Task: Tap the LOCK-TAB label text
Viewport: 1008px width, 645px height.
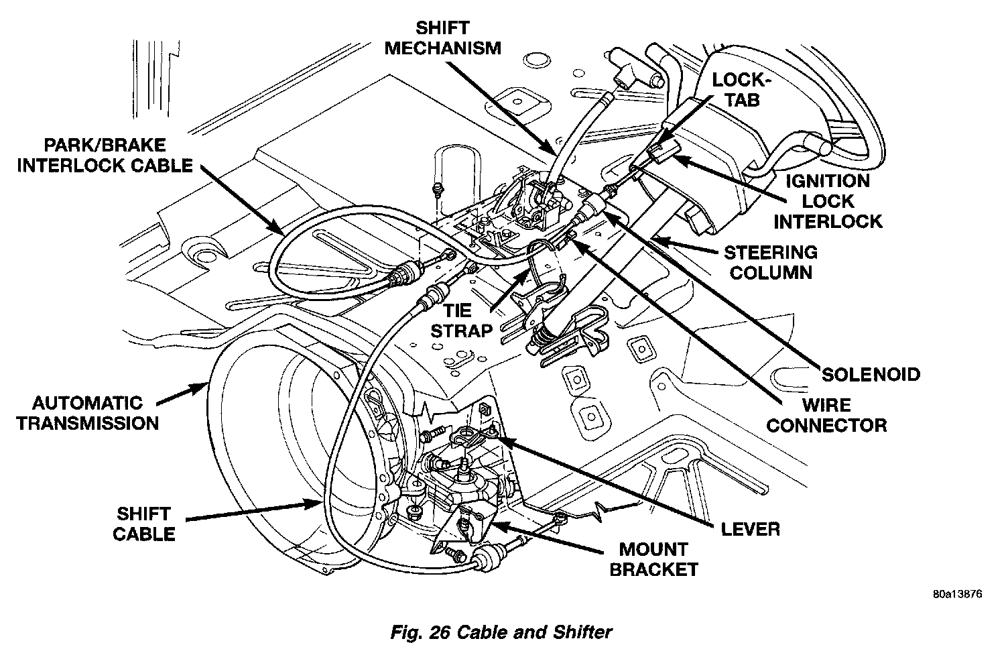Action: pyautogui.click(x=738, y=90)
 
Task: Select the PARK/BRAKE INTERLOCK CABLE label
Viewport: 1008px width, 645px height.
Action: pyautogui.click(x=105, y=155)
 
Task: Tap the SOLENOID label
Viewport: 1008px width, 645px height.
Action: pyautogui.click(x=871, y=374)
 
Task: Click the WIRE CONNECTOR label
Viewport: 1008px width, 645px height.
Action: pyautogui.click(x=826, y=414)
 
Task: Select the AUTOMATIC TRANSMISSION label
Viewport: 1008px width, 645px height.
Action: pyautogui.click(x=88, y=413)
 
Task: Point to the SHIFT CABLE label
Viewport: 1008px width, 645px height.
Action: pyautogui.click(x=143, y=524)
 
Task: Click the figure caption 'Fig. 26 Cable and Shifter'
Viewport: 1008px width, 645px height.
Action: pyautogui.click(x=501, y=631)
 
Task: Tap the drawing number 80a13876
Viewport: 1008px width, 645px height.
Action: pyautogui.click(x=956, y=594)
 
